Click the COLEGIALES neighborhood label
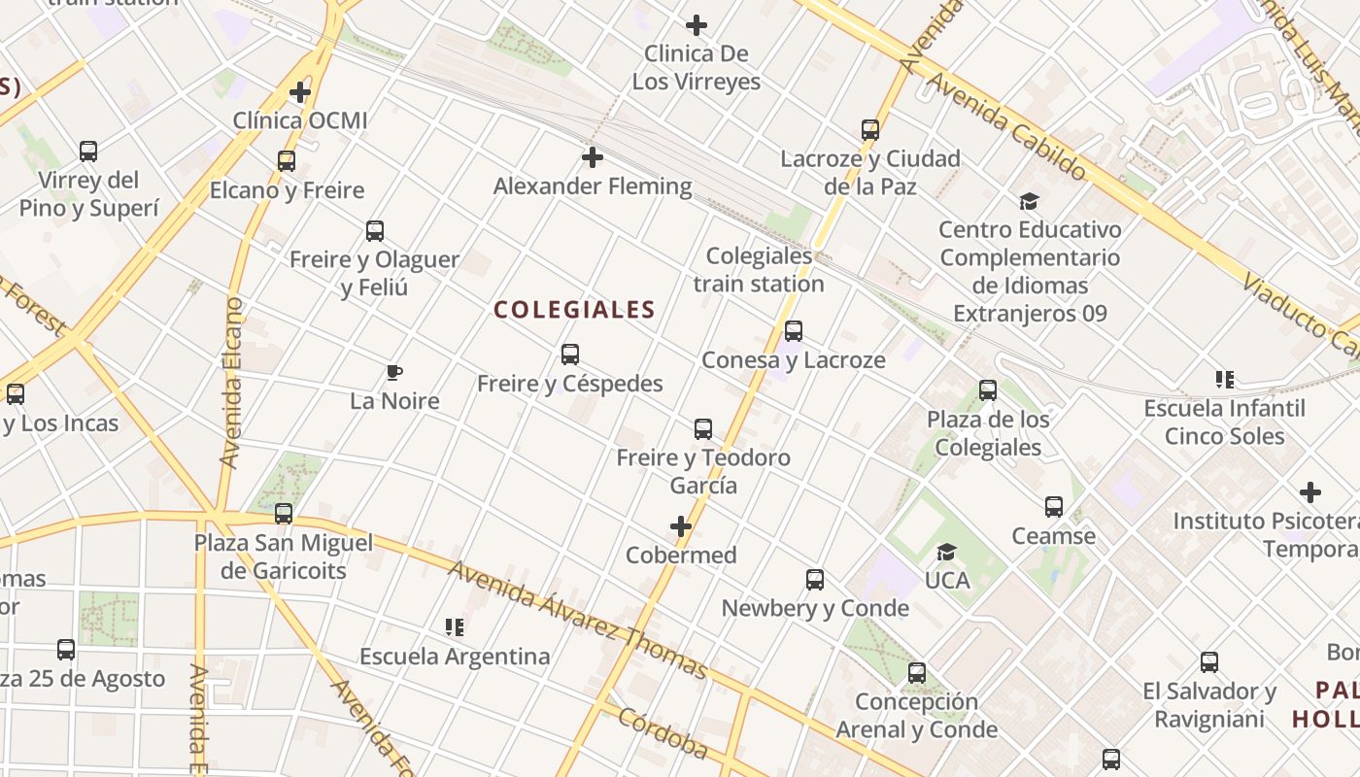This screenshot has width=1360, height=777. click(574, 310)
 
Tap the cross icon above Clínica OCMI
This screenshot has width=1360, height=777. click(300, 92)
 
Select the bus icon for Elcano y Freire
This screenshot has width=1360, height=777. click(287, 161)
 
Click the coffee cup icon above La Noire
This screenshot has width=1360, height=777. click(393, 372)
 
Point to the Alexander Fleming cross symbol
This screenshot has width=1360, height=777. click(592, 156)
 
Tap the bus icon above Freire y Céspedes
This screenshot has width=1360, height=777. click(570, 355)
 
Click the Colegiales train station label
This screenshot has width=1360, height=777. click(759, 270)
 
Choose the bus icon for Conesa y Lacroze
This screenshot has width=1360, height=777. click(794, 331)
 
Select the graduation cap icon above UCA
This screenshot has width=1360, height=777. click(946, 553)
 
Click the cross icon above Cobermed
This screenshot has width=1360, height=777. click(681, 527)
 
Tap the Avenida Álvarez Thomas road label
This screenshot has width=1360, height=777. click(578, 619)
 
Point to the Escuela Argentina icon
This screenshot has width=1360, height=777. click(454, 627)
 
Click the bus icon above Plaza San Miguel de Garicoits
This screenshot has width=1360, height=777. click(284, 514)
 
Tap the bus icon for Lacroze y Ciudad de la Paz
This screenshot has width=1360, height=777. click(870, 130)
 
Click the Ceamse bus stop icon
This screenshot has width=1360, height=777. click(1054, 507)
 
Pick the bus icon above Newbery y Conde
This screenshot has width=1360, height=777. click(815, 580)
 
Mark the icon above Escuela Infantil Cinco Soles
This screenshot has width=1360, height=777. click(1224, 379)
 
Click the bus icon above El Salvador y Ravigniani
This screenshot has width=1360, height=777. click(1209, 662)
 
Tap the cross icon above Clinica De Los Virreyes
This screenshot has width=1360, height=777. click(697, 25)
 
